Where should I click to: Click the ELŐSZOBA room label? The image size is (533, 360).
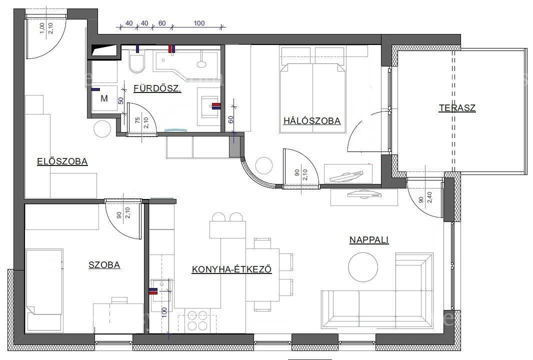pos(62,161)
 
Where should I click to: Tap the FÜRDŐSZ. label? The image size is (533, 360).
pos(157,88)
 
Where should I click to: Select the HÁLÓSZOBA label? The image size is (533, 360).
pos(312,120)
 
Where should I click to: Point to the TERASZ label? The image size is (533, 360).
pos(457,108)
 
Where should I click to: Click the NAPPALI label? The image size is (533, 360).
pos(369,239)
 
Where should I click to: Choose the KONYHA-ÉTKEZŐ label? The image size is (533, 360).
pos(232,269)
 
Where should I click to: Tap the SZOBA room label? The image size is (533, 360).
pos(104,265)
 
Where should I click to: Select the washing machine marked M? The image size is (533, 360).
pos(104,98)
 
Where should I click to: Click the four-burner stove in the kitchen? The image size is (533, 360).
pos(197,320)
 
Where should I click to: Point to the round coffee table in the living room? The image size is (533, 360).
pos(363,267)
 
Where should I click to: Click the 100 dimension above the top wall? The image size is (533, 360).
pos(199,23)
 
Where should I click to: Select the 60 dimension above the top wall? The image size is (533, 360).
pos(162,23)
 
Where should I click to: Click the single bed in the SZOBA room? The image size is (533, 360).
pos(44,290)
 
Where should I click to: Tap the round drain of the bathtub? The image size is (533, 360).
pos(202,64)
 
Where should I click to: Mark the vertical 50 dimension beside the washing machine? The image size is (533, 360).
pos(120,100)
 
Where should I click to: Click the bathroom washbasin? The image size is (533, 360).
pos(209,106)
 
